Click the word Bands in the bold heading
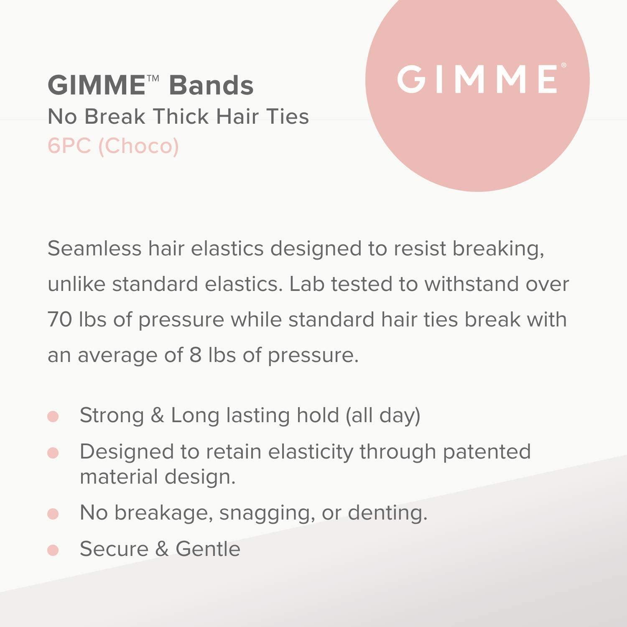pyautogui.click(x=211, y=85)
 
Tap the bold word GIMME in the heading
pyautogui.click(x=97, y=85)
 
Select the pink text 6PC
pyautogui.click(x=69, y=146)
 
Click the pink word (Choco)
pyautogui.click(x=138, y=146)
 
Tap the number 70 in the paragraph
pyautogui.click(x=60, y=320)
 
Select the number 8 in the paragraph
pyautogui.click(x=196, y=355)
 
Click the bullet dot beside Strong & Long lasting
pyautogui.click(x=53, y=416)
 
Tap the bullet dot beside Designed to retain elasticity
pyautogui.click(x=53, y=453)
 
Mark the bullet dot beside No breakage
pyautogui.click(x=53, y=514)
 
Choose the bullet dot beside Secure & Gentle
pyautogui.click(x=53, y=550)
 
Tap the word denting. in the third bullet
pyautogui.click(x=387, y=513)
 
